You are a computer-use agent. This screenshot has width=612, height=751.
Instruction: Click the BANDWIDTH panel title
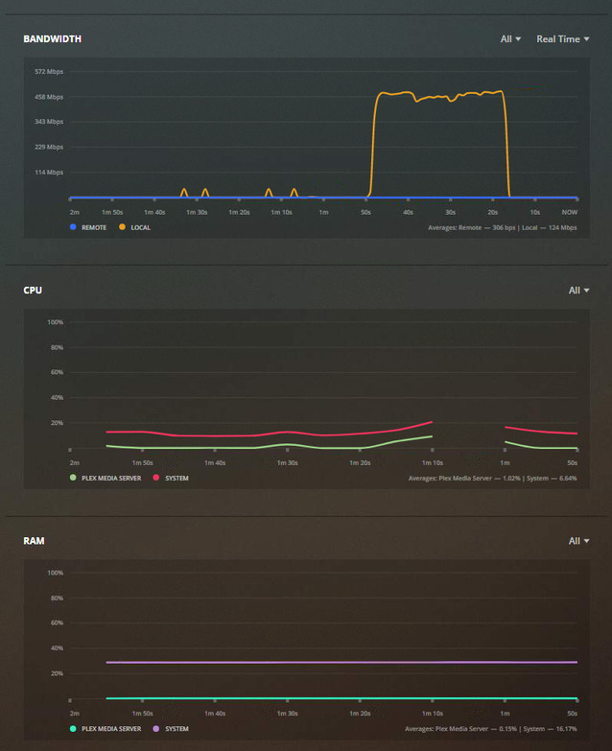point(52,39)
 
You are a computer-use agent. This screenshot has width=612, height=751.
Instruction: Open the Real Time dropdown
point(562,39)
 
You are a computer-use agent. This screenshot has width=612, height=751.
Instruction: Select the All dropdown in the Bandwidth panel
point(510,39)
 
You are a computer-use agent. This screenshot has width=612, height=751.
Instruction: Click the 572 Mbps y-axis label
point(49,72)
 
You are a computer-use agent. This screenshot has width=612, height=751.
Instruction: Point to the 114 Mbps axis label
point(49,173)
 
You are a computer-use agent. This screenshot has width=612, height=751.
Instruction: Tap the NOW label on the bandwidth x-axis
point(570,212)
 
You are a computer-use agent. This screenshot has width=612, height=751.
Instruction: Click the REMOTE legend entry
point(88,227)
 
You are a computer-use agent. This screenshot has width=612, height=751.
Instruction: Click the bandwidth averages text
point(503,227)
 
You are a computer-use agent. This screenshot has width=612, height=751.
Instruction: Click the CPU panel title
point(33,290)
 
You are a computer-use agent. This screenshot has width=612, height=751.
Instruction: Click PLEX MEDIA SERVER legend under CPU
point(106,477)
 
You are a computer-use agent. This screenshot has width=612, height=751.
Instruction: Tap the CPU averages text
point(492,477)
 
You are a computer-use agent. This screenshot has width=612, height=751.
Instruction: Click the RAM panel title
point(34,541)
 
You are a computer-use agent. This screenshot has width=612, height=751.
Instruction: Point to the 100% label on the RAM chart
point(55,574)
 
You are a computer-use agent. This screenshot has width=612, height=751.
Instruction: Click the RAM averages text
point(491,729)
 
